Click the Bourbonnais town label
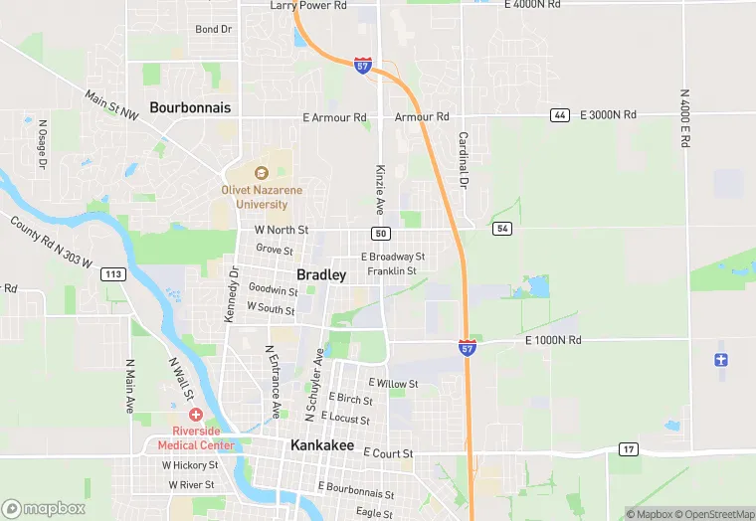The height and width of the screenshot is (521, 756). click(190, 106)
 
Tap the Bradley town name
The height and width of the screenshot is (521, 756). click(321, 274)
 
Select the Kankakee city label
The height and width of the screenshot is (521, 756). click(322, 446)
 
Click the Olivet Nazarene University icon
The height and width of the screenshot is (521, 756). click(262, 173)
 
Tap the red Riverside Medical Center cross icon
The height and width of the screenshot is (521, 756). click(196, 414)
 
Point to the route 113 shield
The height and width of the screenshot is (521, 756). click(113, 274)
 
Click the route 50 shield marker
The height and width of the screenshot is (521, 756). click(381, 233)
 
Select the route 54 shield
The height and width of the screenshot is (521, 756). click(502, 229)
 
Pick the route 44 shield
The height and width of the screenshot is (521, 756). click(560, 116)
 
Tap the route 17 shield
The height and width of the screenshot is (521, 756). click(628, 448)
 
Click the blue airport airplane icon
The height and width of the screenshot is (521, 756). click(722, 358)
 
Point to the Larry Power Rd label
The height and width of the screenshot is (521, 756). click(308, 6)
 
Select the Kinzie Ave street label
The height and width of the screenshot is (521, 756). click(380, 190)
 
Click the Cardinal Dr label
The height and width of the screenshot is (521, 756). click(464, 161)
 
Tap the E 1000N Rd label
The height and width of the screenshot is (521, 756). click(553, 341)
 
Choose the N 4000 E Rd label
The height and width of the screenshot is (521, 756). click(684, 119)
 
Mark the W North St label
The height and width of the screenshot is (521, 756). click(282, 230)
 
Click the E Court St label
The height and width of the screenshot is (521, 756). click(388, 452)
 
